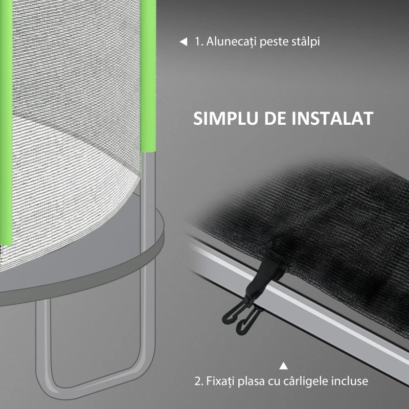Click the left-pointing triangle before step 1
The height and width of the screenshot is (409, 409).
pyautogui.click(x=183, y=42)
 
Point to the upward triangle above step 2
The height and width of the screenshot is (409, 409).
pyautogui.click(x=284, y=366)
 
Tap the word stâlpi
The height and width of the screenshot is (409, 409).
pyautogui.click(x=305, y=42)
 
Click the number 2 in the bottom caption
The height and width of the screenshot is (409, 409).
pyautogui.click(x=197, y=381)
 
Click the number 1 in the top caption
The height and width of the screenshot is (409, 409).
pyautogui.click(x=198, y=42)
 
